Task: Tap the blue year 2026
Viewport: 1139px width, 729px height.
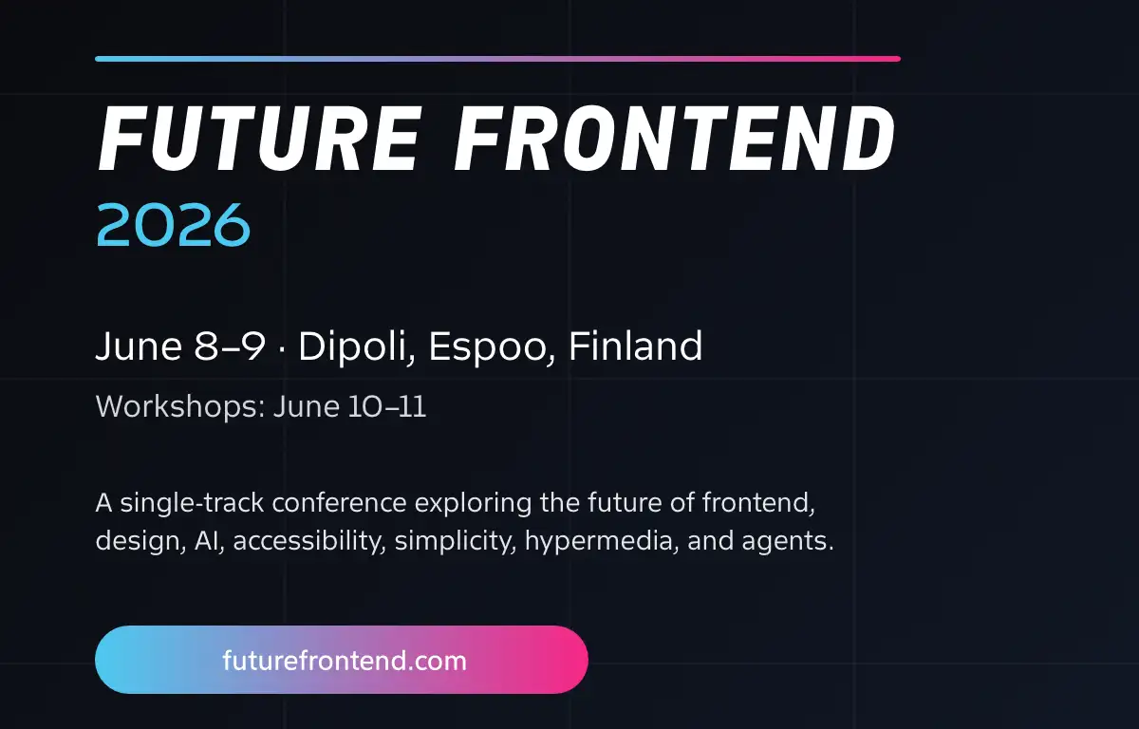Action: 173,225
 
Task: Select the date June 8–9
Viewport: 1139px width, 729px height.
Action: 180,347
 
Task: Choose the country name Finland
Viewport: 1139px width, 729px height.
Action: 635,347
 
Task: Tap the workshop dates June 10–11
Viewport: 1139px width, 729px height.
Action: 349,407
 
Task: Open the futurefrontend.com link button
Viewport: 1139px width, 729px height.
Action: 342,660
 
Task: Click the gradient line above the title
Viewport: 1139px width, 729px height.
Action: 497,59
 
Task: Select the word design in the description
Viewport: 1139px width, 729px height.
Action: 128,542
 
